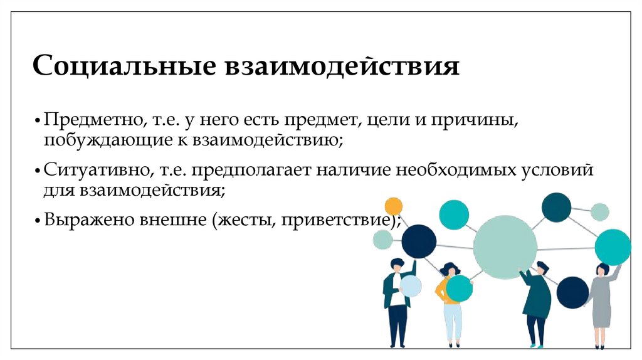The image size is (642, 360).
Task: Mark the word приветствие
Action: pyautogui.click(x=337, y=220)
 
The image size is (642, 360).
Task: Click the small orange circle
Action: pyautogui.click(x=393, y=206)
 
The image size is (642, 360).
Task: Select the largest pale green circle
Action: pyautogui.click(x=505, y=247)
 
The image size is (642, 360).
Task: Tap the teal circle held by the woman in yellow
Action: pyautogui.click(x=459, y=289)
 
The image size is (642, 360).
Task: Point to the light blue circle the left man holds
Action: pyautogui.click(x=410, y=286)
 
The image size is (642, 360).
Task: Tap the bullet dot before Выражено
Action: pyautogui.click(x=39, y=221)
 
